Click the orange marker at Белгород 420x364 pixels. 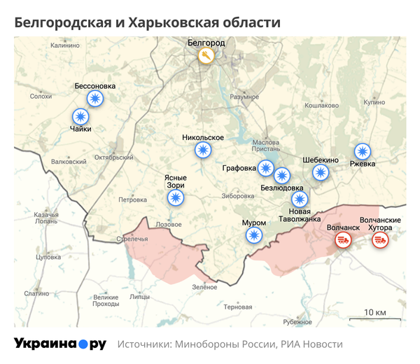[206, 56]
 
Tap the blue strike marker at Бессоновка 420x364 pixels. [94, 99]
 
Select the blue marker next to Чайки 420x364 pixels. [81, 116]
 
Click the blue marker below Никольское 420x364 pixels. [203, 150]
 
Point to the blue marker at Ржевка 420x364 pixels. [363, 151]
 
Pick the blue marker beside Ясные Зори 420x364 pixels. [176, 198]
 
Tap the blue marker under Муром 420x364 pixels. [254, 235]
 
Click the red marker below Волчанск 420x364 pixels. [342, 241]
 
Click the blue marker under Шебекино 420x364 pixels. [320, 172]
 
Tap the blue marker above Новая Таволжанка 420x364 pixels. [300, 198]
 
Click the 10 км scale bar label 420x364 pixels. [375, 311]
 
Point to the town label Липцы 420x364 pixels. [139, 297]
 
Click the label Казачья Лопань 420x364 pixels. [46, 217]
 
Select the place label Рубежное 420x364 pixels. [297, 322]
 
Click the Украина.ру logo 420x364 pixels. [60, 344]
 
